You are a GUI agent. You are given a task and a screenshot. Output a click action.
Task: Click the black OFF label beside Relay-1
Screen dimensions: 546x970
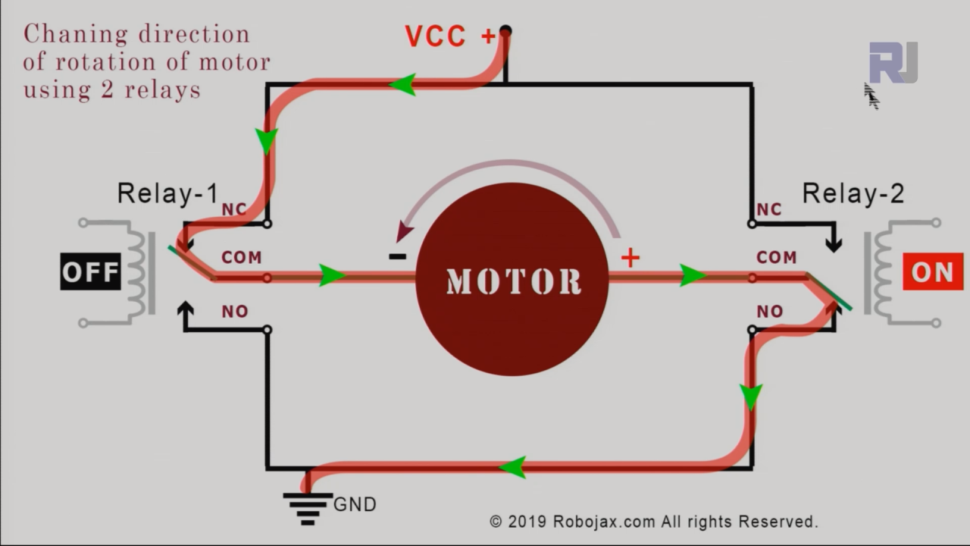(x=90, y=271)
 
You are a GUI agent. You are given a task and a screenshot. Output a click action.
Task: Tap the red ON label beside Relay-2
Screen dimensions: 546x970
(x=932, y=271)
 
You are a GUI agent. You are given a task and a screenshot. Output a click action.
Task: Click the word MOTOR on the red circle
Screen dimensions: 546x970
(x=513, y=281)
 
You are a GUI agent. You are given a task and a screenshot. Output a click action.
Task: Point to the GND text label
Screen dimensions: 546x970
(x=355, y=504)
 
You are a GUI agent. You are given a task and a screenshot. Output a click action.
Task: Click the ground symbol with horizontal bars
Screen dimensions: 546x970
(x=307, y=507)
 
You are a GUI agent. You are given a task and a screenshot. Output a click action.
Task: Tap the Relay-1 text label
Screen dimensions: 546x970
(x=167, y=194)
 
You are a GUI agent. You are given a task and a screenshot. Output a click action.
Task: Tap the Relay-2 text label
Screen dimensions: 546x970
(x=853, y=194)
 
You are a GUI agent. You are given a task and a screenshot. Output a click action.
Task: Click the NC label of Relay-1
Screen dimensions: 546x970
(x=233, y=209)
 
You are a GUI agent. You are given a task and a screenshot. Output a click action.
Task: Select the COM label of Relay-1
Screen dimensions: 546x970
(x=241, y=258)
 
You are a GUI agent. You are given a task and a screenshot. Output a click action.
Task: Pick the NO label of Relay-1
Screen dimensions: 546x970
(x=234, y=312)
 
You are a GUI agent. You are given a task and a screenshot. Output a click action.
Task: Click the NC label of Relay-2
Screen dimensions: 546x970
(x=768, y=209)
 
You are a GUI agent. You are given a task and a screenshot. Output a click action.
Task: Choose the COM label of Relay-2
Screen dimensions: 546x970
(x=776, y=258)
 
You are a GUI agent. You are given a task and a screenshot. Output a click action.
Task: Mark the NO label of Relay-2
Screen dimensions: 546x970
(x=769, y=312)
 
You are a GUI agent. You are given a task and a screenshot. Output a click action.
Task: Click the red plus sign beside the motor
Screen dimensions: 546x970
(x=630, y=258)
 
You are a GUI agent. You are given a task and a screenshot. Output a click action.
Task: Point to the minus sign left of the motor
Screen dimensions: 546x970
(x=397, y=257)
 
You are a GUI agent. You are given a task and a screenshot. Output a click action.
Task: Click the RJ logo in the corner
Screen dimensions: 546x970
(x=893, y=62)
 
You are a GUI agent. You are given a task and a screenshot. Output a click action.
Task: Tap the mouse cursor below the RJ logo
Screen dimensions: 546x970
(x=871, y=96)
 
